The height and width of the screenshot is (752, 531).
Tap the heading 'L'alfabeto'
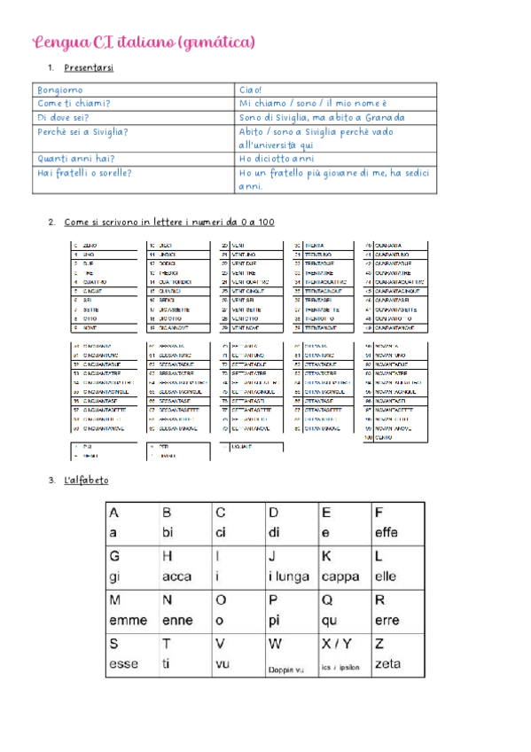pos(87,480)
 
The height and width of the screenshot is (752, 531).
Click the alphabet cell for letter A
pos(131,523)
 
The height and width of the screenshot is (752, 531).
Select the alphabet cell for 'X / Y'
pos(344,654)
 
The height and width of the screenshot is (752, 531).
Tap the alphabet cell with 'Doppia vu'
pos(291,654)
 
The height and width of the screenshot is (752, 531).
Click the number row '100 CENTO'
pos(394,438)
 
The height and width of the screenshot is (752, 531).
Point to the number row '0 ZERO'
pos(105,246)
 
